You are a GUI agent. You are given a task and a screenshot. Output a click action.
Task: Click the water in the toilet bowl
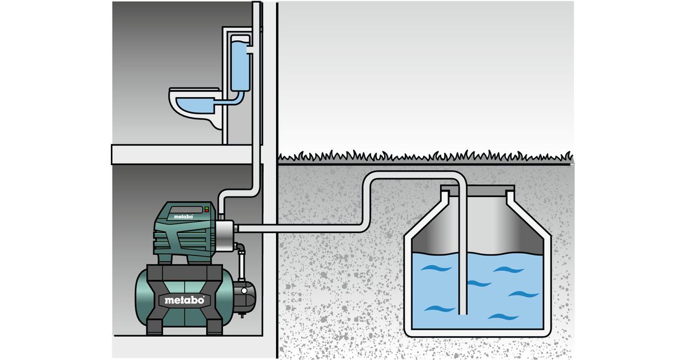[194, 105]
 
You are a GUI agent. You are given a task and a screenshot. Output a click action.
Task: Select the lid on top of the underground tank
[478, 188]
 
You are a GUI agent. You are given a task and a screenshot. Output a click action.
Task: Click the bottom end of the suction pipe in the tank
[462, 312]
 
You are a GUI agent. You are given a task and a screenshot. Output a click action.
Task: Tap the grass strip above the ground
[423, 156]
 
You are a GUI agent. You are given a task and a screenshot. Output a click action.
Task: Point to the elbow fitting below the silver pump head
[242, 249]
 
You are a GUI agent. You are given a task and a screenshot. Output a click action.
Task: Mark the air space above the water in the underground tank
[497, 229]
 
